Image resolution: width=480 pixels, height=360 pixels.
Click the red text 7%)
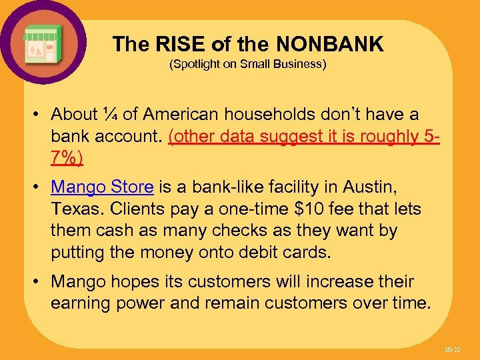pyautogui.click(x=67, y=158)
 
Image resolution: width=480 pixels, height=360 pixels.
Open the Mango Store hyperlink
pyautogui.click(x=102, y=187)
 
